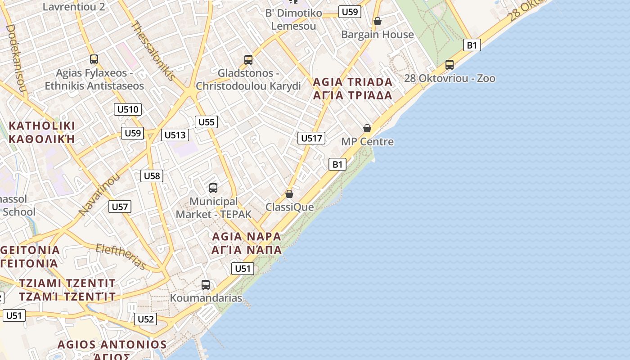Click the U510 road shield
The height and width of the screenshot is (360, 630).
[x=128, y=109]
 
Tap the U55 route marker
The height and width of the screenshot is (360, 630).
[x=207, y=122]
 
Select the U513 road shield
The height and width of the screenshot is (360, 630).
[x=175, y=135]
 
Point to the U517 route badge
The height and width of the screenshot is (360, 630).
[x=311, y=138]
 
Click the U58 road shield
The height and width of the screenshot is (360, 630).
[x=152, y=176]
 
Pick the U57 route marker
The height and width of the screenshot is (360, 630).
[x=120, y=207]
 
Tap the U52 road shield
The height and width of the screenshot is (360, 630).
[x=146, y=319]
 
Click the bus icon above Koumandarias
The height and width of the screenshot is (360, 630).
[x=206, y=285]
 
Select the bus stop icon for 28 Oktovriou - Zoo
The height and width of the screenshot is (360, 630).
[x=450, y=65]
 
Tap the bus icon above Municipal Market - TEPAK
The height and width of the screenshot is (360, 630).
[x=213, y=188]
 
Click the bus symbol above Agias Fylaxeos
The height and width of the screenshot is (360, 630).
[x=94, y=59]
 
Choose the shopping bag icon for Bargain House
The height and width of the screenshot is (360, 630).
[x=378, y=21]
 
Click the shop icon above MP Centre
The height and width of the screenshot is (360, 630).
[x=367, y=128]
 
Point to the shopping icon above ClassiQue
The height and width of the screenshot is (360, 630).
[x=289, y=194]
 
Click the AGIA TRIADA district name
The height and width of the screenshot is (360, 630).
[x=352, y=82]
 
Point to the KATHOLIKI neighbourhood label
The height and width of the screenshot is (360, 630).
[x=42, y=126]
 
